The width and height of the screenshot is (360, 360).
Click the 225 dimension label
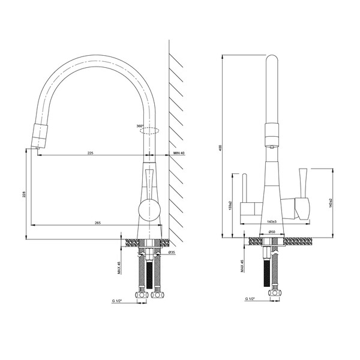[x=90, y=153]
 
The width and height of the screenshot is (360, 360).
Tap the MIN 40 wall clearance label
[x=179, y=154]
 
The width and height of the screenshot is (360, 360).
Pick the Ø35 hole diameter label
[x=171, y=253]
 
